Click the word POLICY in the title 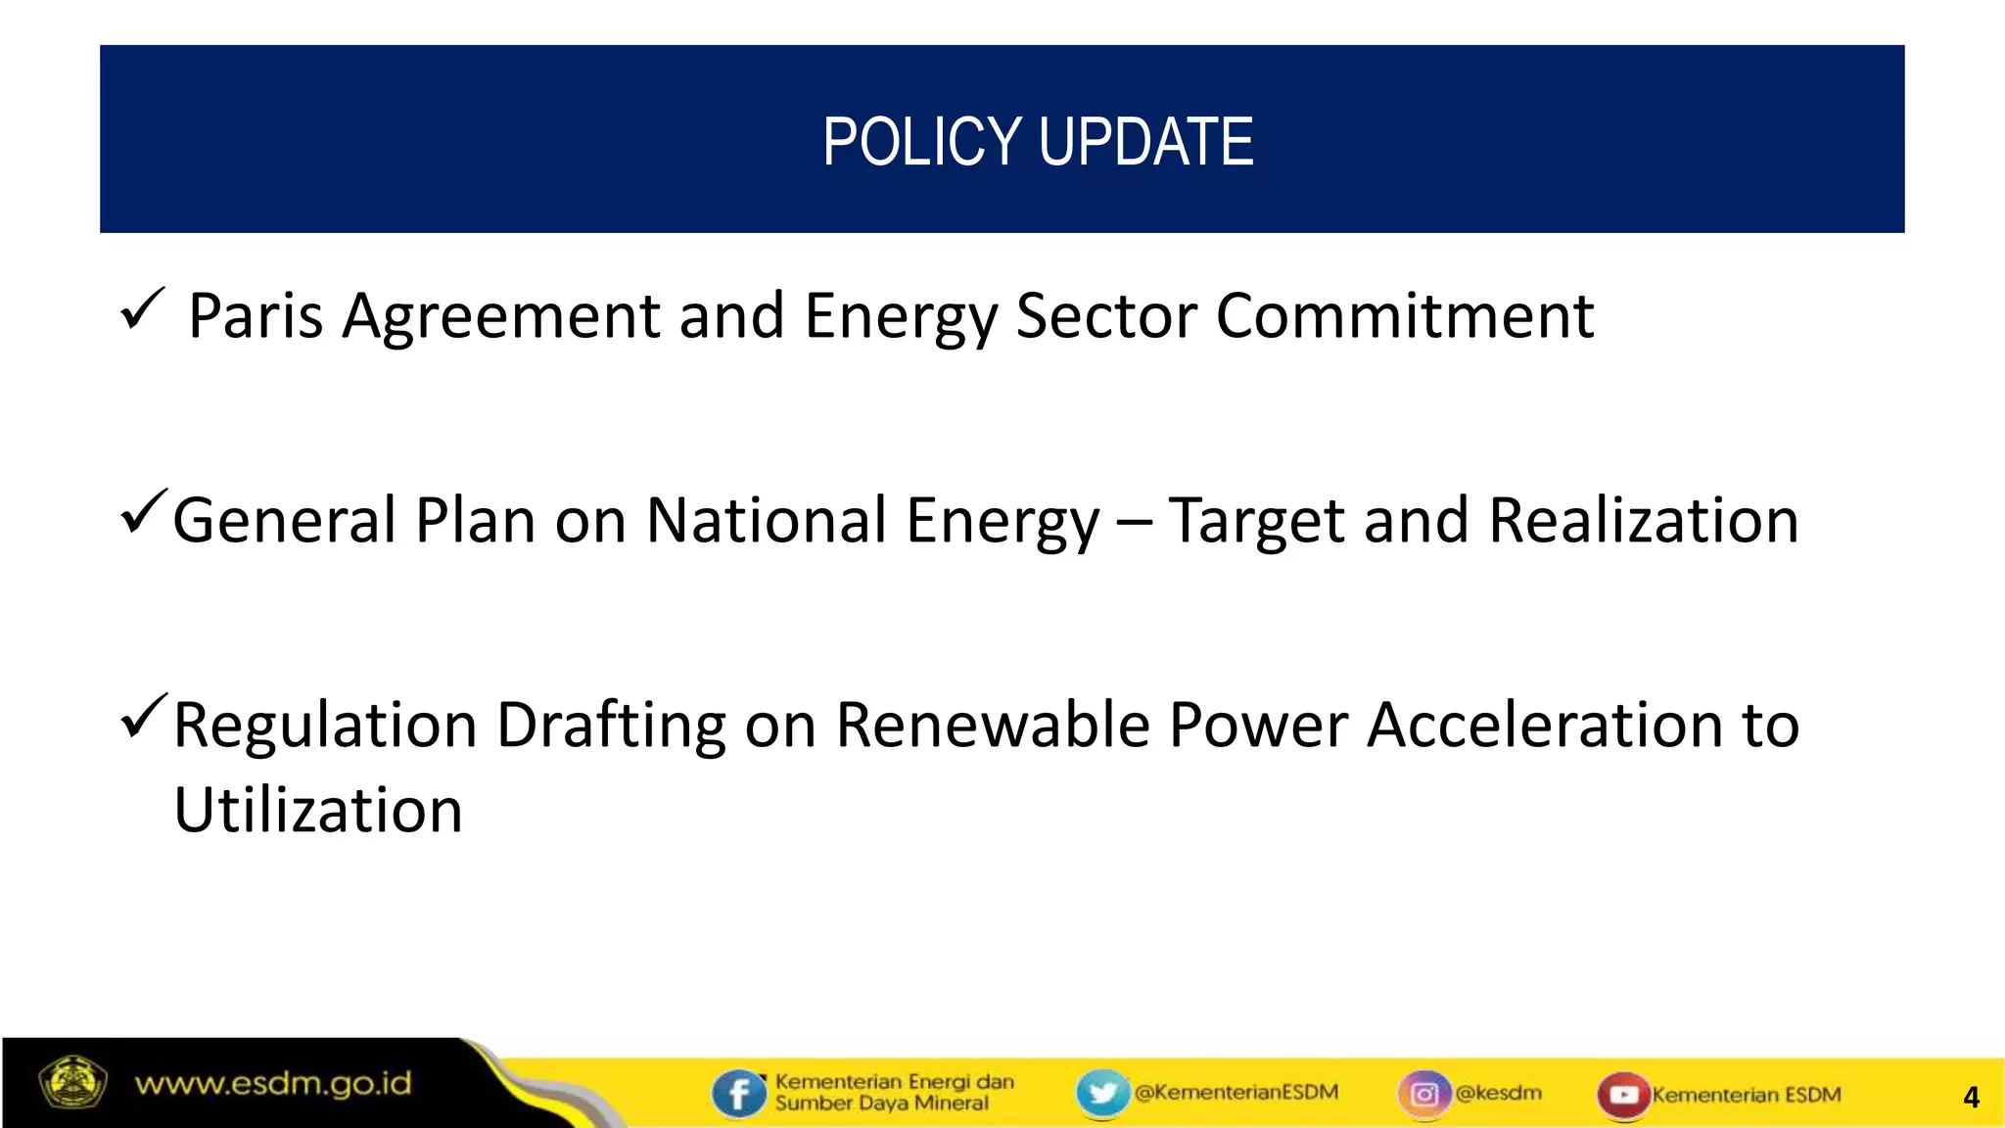click(x=923, y=142)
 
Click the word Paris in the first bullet click(x=256, y=316)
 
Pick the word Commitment click(x=1405, y=316)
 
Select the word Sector click(x=1106, y=316)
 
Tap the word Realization click(x=1644, y=520)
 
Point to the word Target click(x=1257, y=522)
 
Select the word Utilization click(x=318, y=811)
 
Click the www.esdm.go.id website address click(x=273, y=1084)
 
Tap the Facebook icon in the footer click(x=738, y=1093)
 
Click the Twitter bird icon click(x=1102, y=1092)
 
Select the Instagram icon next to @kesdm click(x=1424, y=1093)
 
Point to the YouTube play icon click(x=1623, y=1094)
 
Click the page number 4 click(x=1971, y=1098)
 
